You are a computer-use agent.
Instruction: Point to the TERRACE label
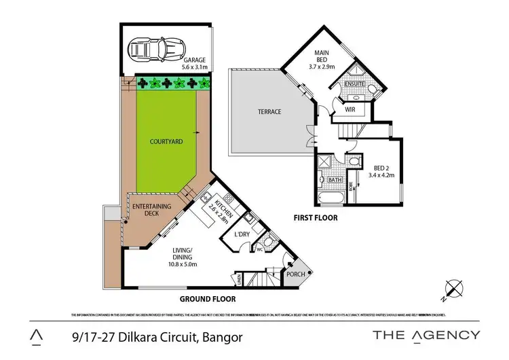click(269, 112)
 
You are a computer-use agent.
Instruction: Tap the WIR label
click(351, 109)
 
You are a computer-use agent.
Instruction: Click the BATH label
click(335, 181)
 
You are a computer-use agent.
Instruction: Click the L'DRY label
click(242, 234)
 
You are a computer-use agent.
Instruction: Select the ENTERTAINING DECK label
click(151, 210)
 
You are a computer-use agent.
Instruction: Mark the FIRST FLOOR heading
click(314, 218)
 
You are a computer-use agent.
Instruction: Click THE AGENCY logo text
click(427, 335)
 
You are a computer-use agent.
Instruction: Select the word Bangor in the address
click(221, 336)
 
